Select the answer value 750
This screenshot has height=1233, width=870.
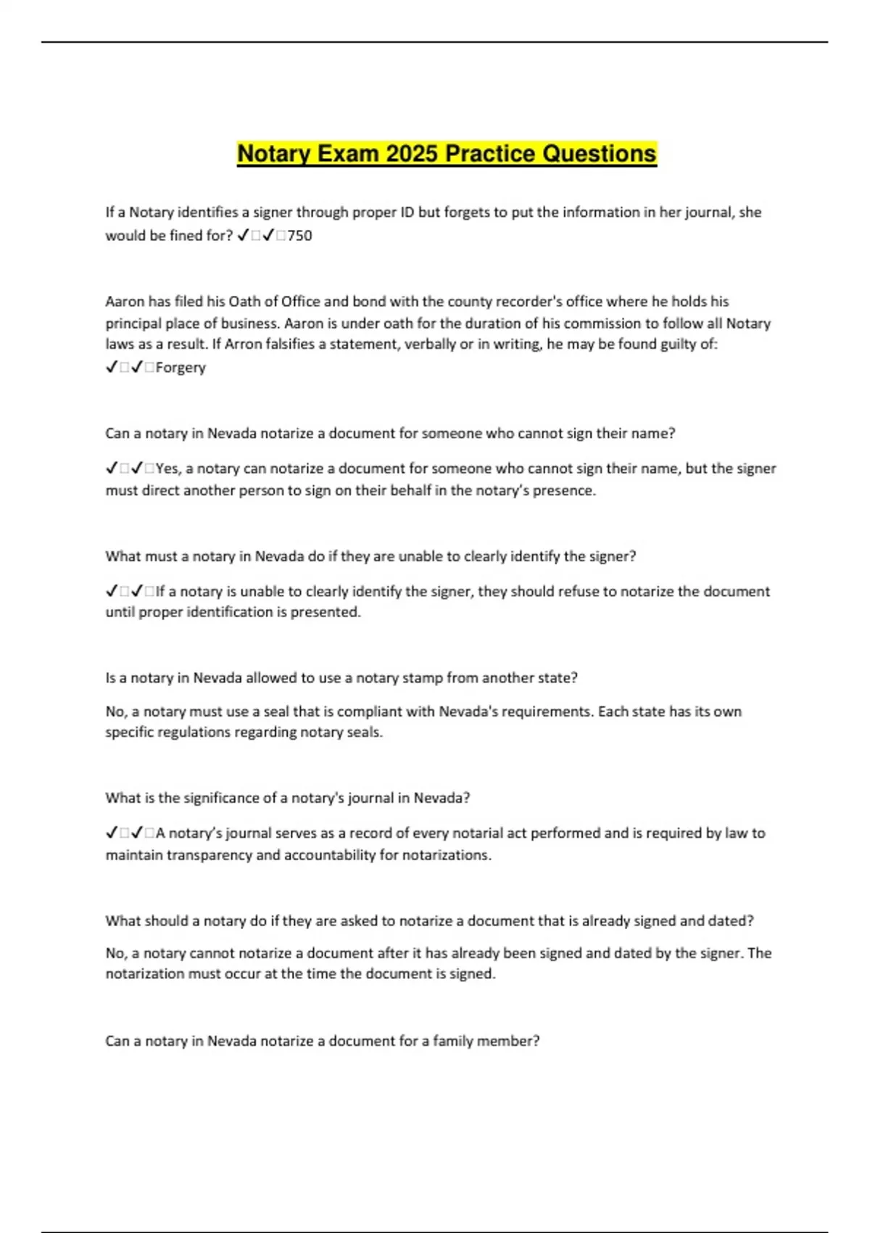299,236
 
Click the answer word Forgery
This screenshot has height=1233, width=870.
181,368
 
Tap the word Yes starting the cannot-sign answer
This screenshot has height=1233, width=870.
167,469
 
